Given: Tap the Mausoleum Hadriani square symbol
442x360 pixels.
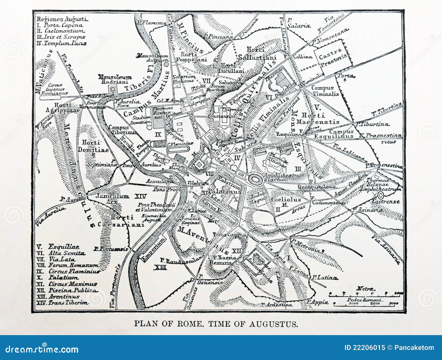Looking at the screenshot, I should [x=112, y=89].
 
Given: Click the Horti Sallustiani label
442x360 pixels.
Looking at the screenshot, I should [x=261, y=53].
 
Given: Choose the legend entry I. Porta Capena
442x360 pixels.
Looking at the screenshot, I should [x=59, y=25].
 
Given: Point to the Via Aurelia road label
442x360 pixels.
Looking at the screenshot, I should [x=50, y=216].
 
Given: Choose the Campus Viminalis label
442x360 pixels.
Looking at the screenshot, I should [x=325, y=91].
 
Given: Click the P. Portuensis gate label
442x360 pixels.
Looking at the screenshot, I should [x=111, y=249].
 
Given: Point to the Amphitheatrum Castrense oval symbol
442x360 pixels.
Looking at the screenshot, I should [x=380, y=195].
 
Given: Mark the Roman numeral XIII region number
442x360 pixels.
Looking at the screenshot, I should [x=160, y=267].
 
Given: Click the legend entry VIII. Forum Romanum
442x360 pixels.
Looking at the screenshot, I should [x=68, y=265].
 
